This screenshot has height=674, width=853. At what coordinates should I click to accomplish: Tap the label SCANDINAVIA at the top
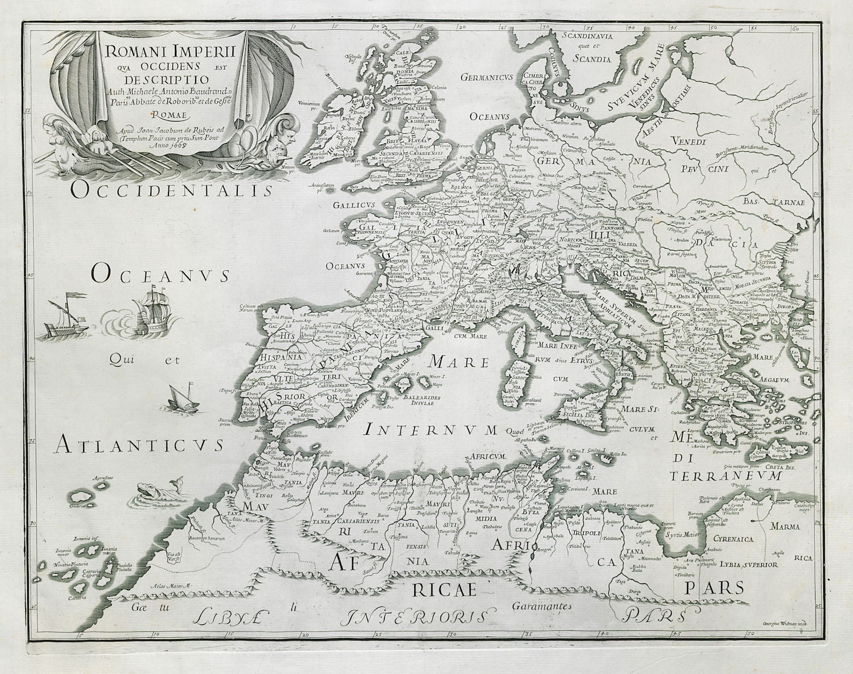pyautogui.click(x=588, y=37)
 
